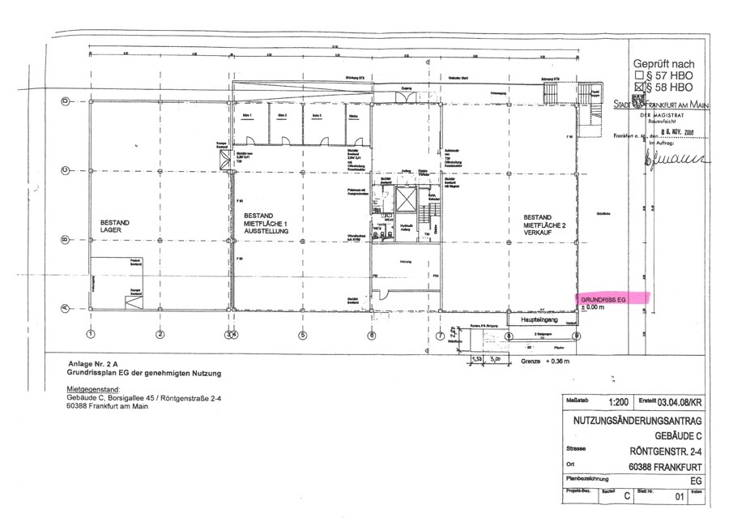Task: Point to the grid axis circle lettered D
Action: click(64, 101)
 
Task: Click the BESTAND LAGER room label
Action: click(115, 225)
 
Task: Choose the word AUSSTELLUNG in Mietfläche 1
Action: click(266, 231)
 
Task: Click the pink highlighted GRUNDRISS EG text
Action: click(603, 300)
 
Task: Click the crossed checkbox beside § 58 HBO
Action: click(639, 86)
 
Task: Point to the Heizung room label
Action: click(406, 261)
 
